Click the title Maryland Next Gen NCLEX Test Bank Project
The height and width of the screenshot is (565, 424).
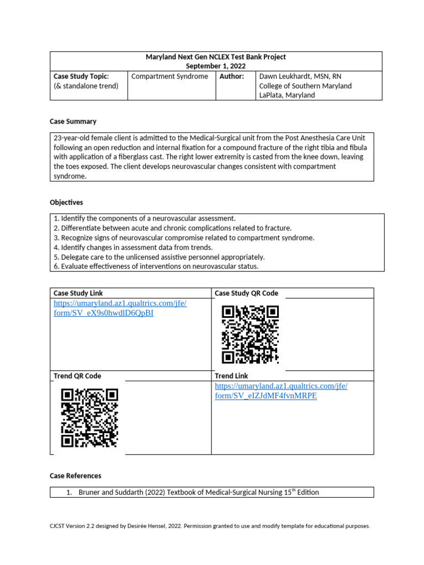[215, 57]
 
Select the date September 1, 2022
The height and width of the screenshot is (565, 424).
[215, 66]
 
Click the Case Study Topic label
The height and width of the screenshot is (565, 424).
[81, 76]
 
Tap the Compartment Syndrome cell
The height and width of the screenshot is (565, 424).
[169, 76]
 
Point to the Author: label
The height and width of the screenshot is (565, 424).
[231, 76]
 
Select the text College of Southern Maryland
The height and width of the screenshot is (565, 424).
[305, 86]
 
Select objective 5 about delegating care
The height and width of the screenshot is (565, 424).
[151, 257]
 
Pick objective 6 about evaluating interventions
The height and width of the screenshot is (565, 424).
[156, 266]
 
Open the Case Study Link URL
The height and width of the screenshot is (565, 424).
[120, 308]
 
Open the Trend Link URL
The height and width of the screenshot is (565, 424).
[281, 391]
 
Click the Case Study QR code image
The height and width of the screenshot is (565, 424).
[250, 334]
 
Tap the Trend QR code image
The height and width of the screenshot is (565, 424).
[89, 417]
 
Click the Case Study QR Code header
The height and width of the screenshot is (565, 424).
[246, 293]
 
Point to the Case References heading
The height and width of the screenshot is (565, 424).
[76, 476]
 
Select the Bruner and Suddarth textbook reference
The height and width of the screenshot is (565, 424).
[198, 492]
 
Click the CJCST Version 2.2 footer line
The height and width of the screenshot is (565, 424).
[210, 526]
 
